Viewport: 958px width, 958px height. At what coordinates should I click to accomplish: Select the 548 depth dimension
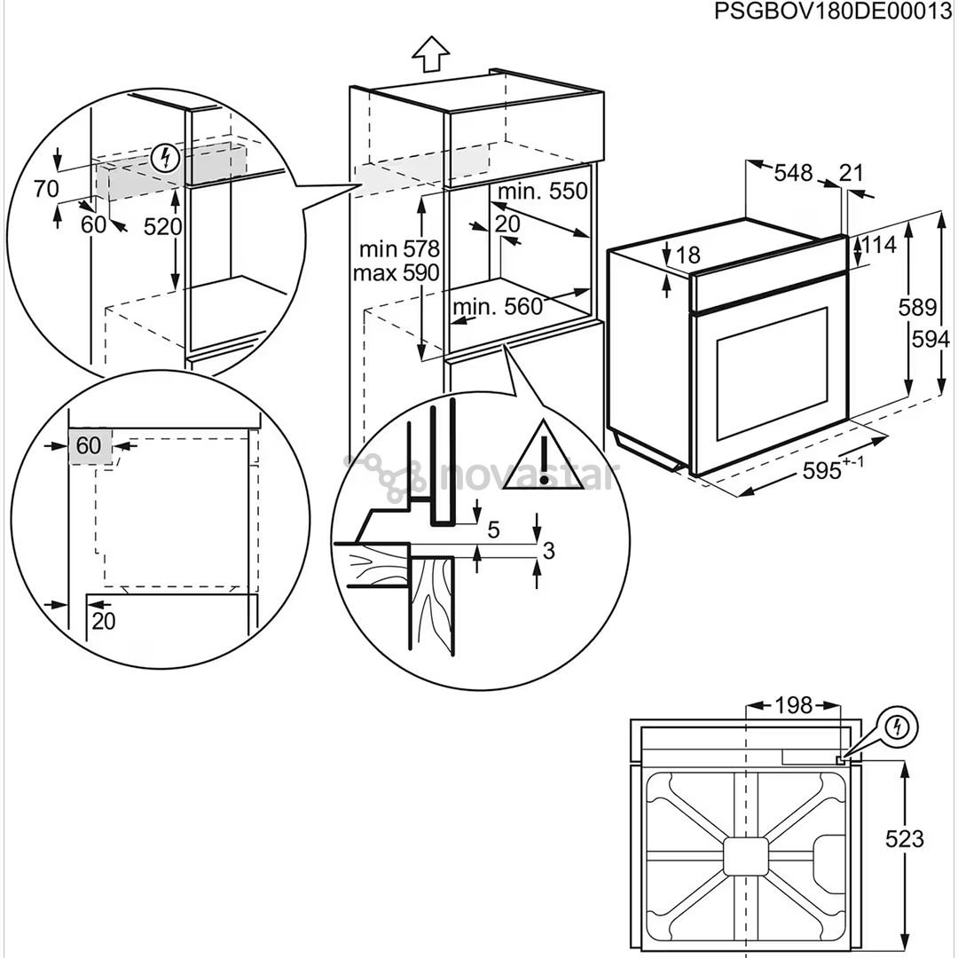pos(793,173)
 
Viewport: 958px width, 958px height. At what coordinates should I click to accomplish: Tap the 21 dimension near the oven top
pos(852,173)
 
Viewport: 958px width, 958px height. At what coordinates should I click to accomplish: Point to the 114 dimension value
pos(879,244)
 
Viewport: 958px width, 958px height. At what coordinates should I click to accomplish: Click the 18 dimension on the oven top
pos(687,256)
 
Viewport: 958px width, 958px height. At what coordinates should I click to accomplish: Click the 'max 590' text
pos(397,273)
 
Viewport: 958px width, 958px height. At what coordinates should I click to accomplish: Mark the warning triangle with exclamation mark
pos(546,456)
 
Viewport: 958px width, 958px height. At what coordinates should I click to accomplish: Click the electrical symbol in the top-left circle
pos(165,160)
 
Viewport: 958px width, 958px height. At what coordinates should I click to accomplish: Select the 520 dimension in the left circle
pos(162,227)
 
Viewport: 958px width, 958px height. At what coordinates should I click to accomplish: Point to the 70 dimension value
pos(46,188)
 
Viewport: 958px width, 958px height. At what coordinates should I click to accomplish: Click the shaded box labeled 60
pos(90,445)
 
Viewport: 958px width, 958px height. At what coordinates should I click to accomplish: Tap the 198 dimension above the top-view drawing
pos(793,705)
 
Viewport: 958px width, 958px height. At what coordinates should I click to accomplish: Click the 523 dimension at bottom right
pos(904,838)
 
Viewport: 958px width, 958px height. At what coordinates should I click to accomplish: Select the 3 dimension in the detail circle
pos(548,550)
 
